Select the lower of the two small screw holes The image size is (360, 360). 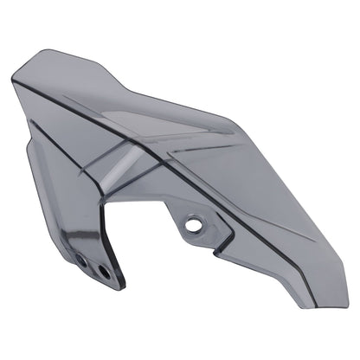[x=104, y=271]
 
